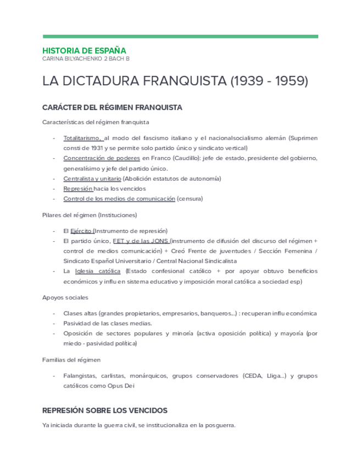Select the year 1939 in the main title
click(245, 81)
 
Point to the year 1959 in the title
click(287, 81)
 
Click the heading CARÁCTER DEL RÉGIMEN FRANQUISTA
click(112, 107)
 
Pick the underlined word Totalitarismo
click(81, 138)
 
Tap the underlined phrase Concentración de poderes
click(102, 158)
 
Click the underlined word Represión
click(77, 188)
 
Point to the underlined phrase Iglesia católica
click(98, 271)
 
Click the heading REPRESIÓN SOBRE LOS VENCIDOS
click(104, 410)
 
